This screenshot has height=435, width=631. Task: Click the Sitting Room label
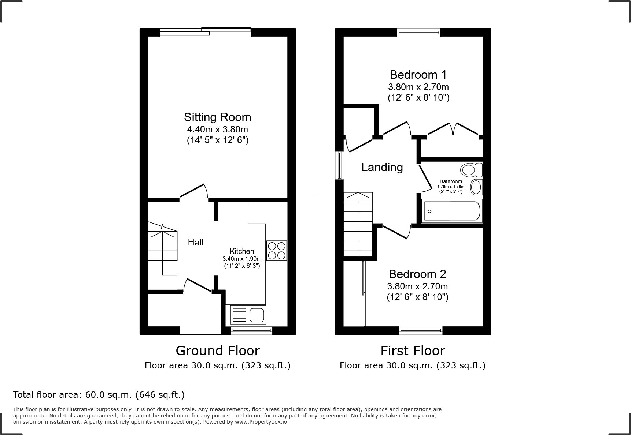click(x=217, y=117)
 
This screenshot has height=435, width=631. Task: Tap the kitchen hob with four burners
click(x=276, y=251)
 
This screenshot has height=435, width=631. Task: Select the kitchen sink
click(x=248, y=315)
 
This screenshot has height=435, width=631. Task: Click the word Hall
click(x=196, y=242)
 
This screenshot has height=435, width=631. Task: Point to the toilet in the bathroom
click(x=471, y=170)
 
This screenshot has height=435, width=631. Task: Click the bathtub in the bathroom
click(x=452, y=211)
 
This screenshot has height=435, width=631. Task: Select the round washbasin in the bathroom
click(x=476, y=187)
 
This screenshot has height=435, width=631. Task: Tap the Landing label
click(x=382, y=167)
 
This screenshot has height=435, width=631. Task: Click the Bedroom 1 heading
click(x=418, y=75)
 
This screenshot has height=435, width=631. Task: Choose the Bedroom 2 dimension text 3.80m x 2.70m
click(x=417, y=286)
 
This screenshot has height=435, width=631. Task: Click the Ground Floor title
click(x=218, y=350)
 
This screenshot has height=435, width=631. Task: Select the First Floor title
click(x=413, y=350)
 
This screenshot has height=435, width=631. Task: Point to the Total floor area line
click(x=99, y=395)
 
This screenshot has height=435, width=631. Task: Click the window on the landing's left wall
click(x=340, y=165)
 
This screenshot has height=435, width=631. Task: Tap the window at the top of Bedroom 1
click(x=419, y=33)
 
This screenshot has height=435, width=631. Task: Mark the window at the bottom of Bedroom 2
click(x=421, y=330)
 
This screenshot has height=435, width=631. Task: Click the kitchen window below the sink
click(x=251, y=331)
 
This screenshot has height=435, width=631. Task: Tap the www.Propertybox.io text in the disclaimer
click(x=261, y=422)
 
